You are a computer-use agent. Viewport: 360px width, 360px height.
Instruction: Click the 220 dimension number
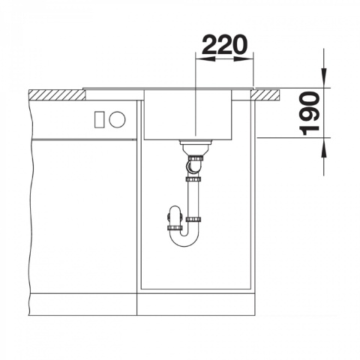[x=224, y=45]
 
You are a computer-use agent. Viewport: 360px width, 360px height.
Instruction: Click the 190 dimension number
[x=310, y=113]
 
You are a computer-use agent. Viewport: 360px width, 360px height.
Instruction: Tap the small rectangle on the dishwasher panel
[x=100, y=119]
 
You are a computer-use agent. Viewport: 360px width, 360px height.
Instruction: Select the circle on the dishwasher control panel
[x=117, y=119]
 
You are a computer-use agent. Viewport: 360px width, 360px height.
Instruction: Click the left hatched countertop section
[x=57, y=94]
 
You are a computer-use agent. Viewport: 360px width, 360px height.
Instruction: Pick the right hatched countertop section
[x=265, y=95]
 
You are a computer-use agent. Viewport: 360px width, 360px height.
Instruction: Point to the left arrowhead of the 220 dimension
[x=205, y=59]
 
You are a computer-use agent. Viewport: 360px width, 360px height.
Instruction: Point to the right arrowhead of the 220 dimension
[x=244, y=59]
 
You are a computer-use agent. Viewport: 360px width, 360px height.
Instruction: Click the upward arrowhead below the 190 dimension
[x=324, y=148]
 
